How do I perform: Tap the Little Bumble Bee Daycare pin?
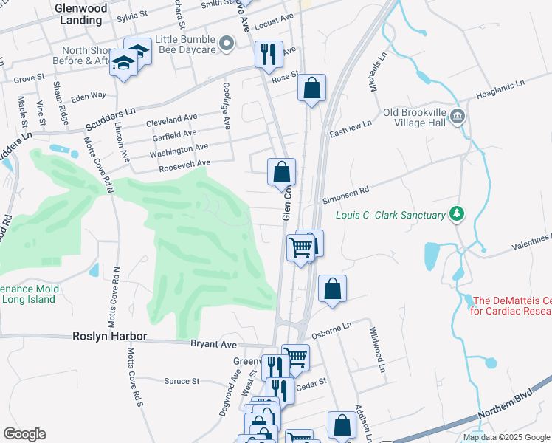[x=227, y=45]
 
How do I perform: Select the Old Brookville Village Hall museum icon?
[x=457, y=117]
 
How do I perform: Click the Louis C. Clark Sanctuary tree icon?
[x=458, y=214]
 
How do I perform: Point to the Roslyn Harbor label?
[x=110, y=336]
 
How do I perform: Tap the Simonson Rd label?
[x=345, y=195]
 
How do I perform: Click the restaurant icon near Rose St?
[x=267, y=54]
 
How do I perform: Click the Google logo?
[x=24, y=434]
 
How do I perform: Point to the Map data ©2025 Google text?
[x=506, y=437]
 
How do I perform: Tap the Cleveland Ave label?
[x=171, y=118]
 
